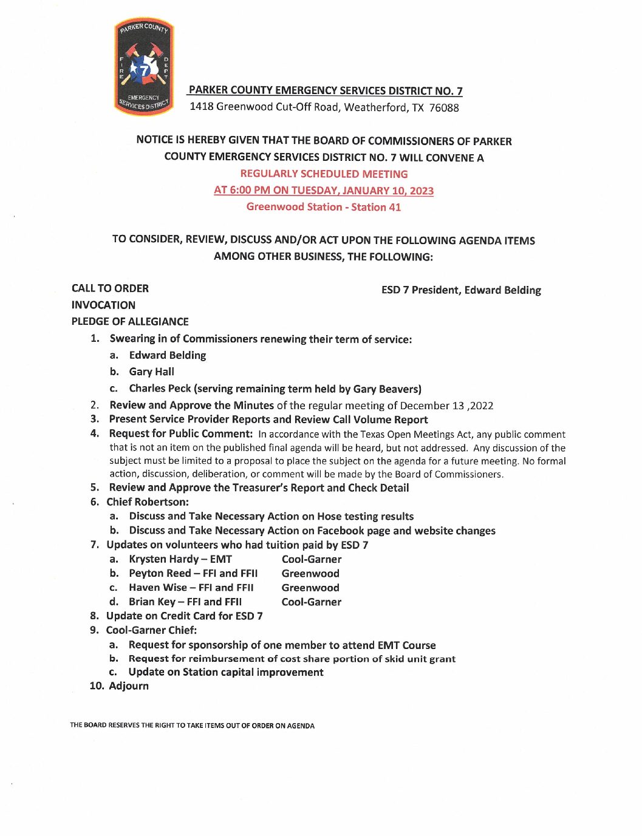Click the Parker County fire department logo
point(144,67)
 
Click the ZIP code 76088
point(444,108)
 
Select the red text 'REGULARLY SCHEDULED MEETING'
point(324,174)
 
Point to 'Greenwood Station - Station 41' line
point(324,207)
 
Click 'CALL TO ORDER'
point(110,288)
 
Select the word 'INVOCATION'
point(103,305)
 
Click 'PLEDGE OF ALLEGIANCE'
point(130,322)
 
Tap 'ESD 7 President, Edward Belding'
point(461,290)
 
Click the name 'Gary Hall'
point(151,372)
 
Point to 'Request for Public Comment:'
point(180,433)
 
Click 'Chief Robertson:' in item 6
point(148,502)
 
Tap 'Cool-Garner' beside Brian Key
point(311,602)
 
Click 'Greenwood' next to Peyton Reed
point(310,574)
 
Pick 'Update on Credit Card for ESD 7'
point(184,616)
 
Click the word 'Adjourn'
point(129,686)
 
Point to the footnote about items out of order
point(192,726)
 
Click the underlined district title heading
point(325,90)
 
